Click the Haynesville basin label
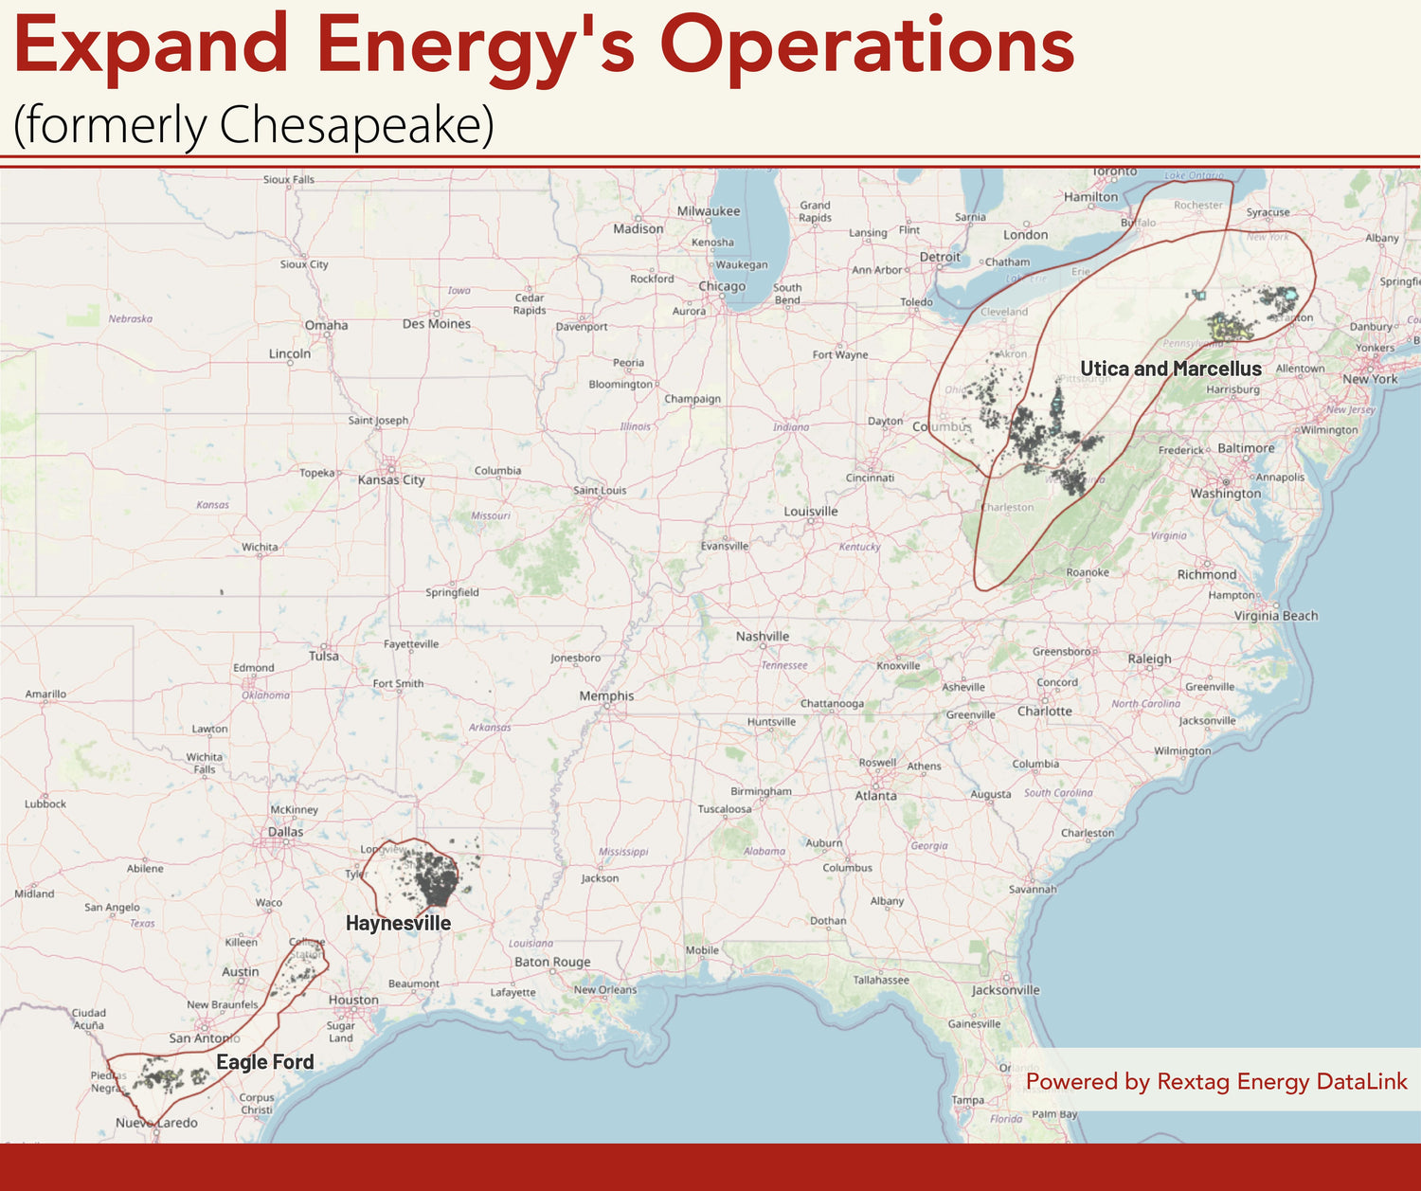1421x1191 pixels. pos(398,923)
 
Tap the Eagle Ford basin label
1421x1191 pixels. pos(264,1062)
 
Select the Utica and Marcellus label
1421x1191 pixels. pos(1171,369)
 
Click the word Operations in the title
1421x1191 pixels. pos(867,45)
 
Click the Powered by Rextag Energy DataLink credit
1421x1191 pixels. pos(1216,1081)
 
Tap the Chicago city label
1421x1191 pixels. pos(722,286)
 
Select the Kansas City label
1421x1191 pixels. pos(391,479)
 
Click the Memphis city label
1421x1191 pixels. pos(606,695)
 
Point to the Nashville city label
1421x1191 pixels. pos(763,636)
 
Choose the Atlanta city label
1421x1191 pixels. pos(875,796)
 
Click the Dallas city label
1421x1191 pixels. pos(285,832)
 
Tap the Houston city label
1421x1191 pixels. pos(353,1000)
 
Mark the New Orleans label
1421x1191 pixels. pos(605,990)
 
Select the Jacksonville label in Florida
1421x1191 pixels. pos(1005,990)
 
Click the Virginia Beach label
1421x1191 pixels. pos(1276,616)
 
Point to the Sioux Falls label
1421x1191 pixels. pos(289,179)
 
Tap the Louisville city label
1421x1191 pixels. pos(811,512)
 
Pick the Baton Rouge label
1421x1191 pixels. pos(552,962)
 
